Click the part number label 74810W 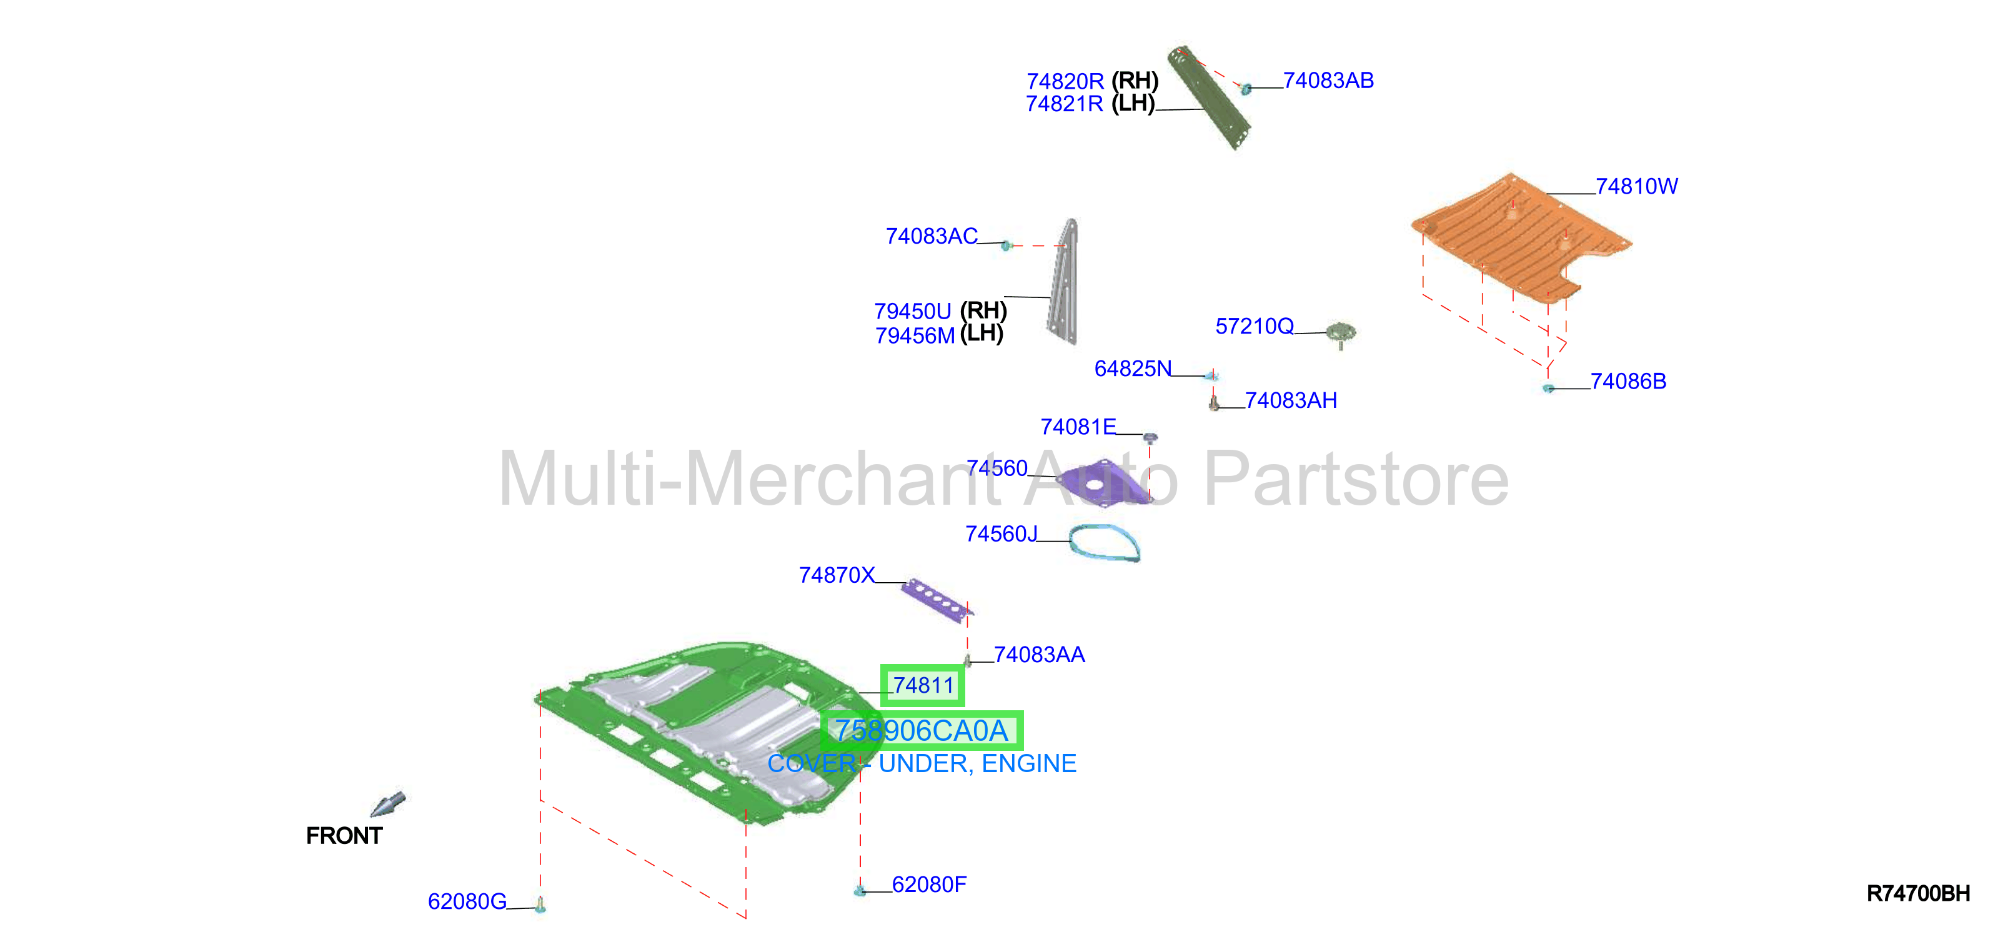tap(1636, 186)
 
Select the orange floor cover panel tap(1520, 238)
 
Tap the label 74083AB tap(1328, 81)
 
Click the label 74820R tap(1065, 81)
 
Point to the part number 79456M tap(915, 336)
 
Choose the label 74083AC tap(932, 236)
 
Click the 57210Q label tap(1255, 326)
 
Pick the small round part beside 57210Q tap(1341, 334)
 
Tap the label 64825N tap(1133, 369)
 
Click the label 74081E tap(1078, 427)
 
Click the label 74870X tap(837, 575)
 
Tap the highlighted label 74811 tap(923, 685)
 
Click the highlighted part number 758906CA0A tap(922, 730)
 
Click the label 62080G tap(467, 901)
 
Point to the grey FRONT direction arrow tap(387, 804)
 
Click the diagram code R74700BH tap(1919, 893)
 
